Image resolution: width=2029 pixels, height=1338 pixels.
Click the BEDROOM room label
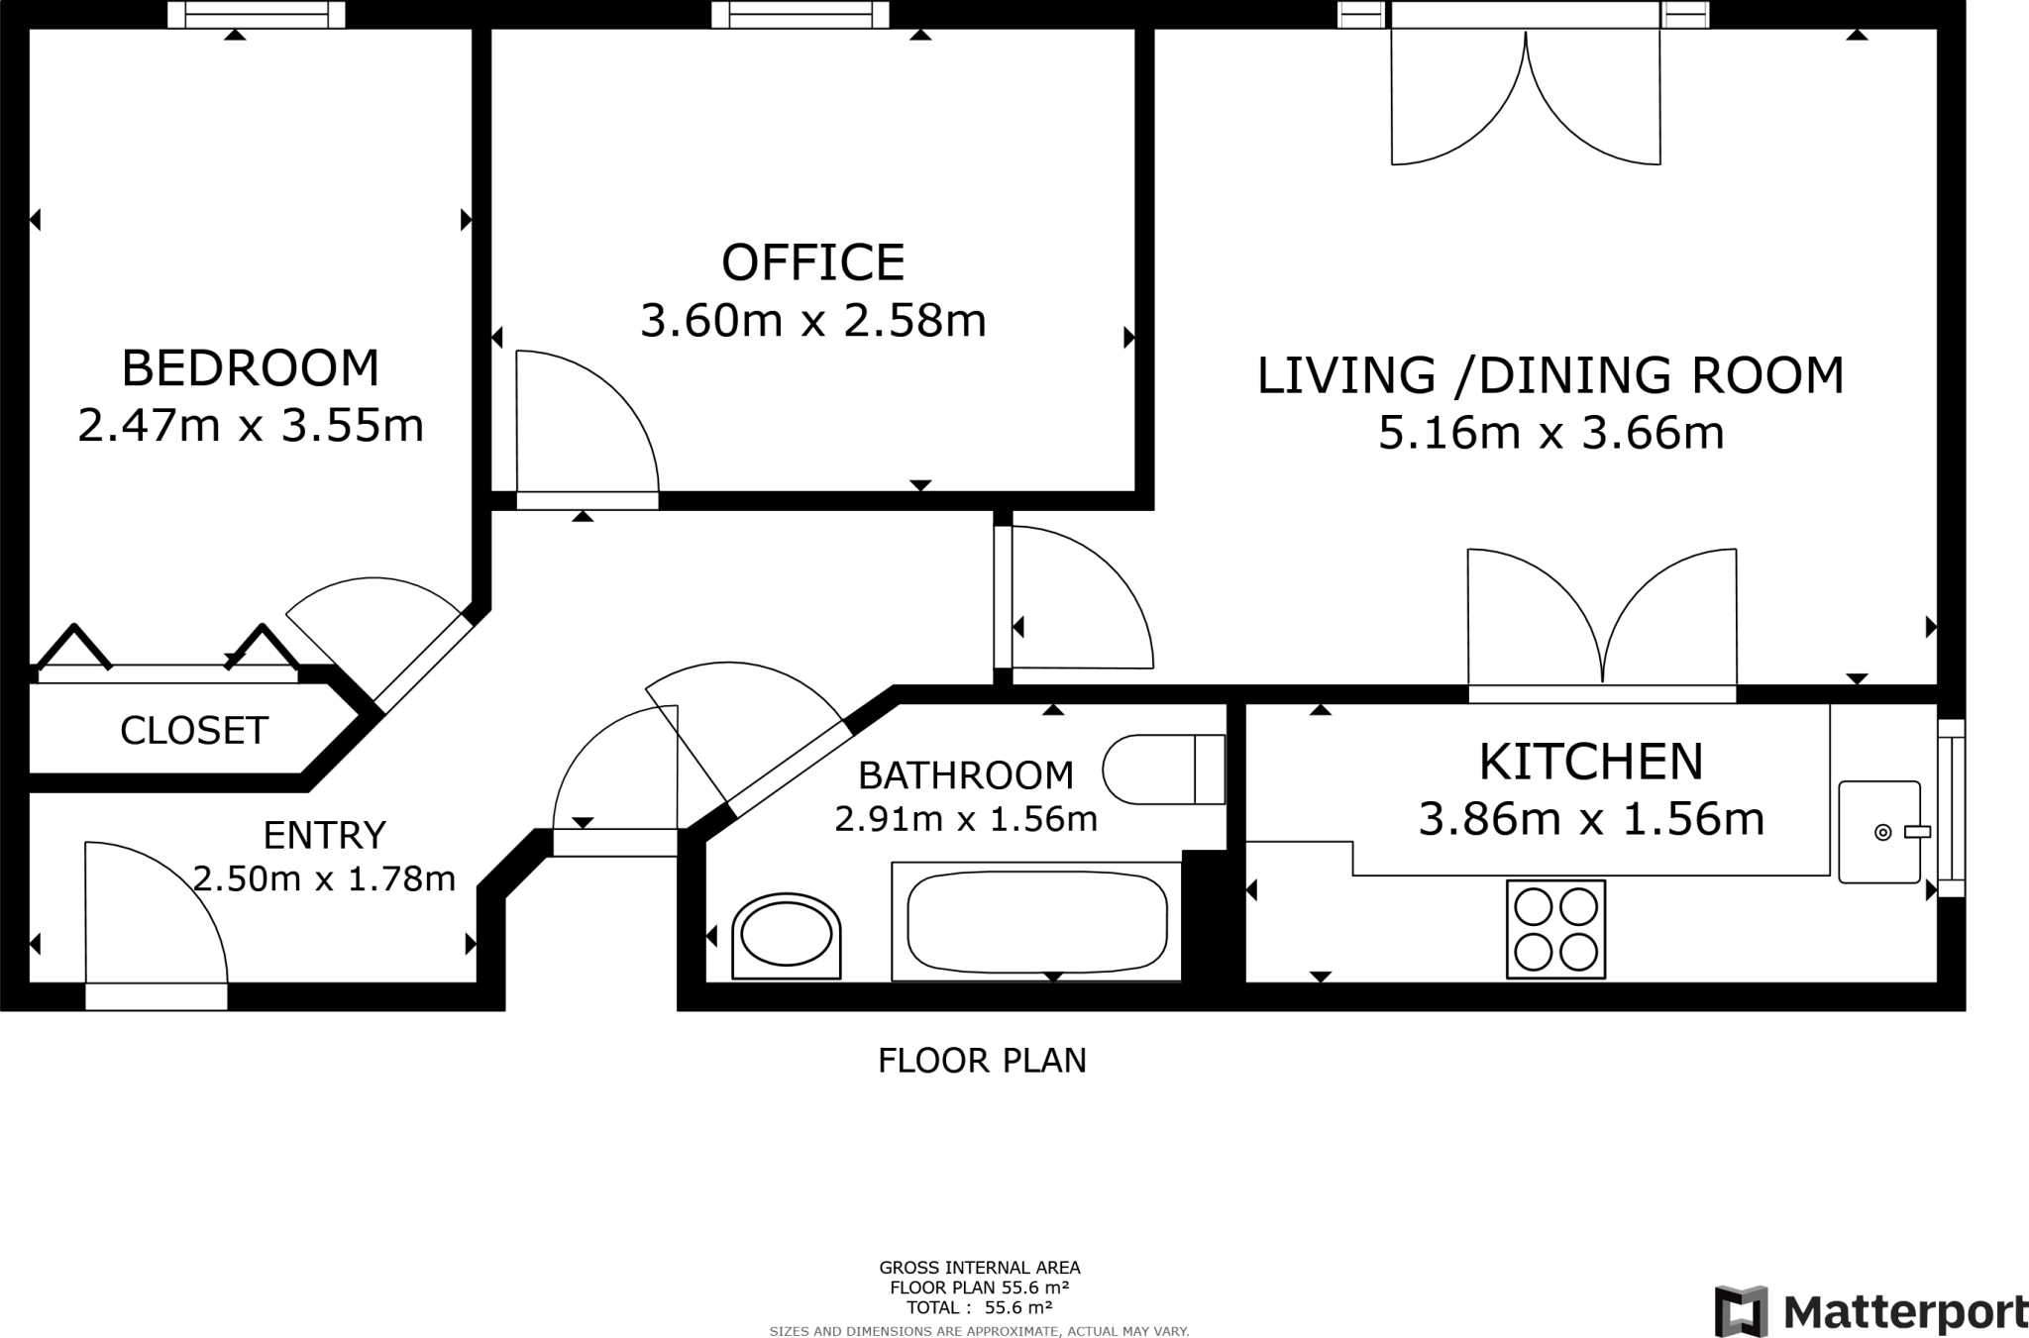click(250, 368)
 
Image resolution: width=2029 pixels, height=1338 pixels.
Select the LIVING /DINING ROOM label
click(1550, 376)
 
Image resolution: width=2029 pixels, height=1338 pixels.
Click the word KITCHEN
click(1591, 763)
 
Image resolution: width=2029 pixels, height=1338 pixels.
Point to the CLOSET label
click(194, 731)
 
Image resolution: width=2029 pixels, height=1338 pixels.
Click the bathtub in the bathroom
click(1036, 921)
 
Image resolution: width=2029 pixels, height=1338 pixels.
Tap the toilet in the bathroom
click(1161, 770)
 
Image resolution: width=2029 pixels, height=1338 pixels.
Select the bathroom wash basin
click(787, 935)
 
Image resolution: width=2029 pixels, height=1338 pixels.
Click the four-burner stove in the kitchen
click(1555, 929)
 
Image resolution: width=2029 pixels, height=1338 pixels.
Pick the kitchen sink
click(1878, 832)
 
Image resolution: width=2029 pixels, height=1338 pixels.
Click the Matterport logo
click(1870, 1312)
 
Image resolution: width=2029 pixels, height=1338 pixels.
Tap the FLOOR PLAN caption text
click(982, 1061)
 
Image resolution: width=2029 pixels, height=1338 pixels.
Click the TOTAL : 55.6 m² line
click(979, 1307)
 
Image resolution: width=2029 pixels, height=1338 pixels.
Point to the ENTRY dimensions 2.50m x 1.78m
click(324, 878)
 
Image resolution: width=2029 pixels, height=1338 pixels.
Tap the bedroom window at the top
click(256, 15)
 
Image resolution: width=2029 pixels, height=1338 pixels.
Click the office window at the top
click(800, 15)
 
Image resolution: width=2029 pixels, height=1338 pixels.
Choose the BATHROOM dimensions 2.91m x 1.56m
click(966, 820)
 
